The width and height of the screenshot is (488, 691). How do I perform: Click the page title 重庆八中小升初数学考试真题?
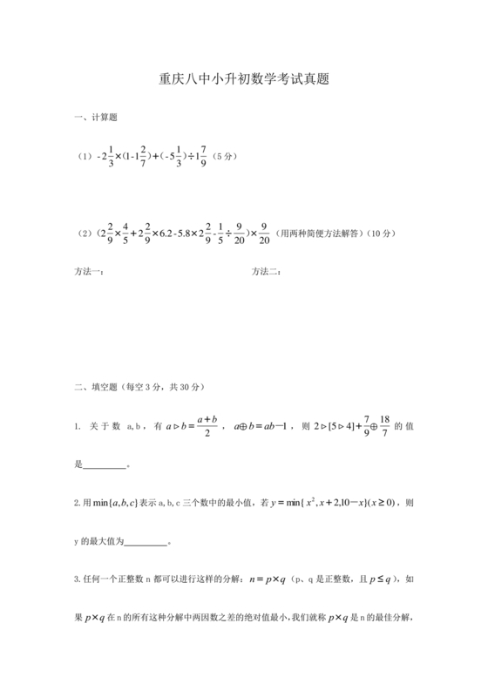tap(243, 78)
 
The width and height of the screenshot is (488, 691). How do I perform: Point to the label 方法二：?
tap(266, 272)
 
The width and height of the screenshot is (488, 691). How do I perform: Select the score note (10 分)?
tap(381, 233)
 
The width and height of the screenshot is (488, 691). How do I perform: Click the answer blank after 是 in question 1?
tap(105, 465)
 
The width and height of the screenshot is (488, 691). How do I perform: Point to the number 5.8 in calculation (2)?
tap(189, 234)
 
